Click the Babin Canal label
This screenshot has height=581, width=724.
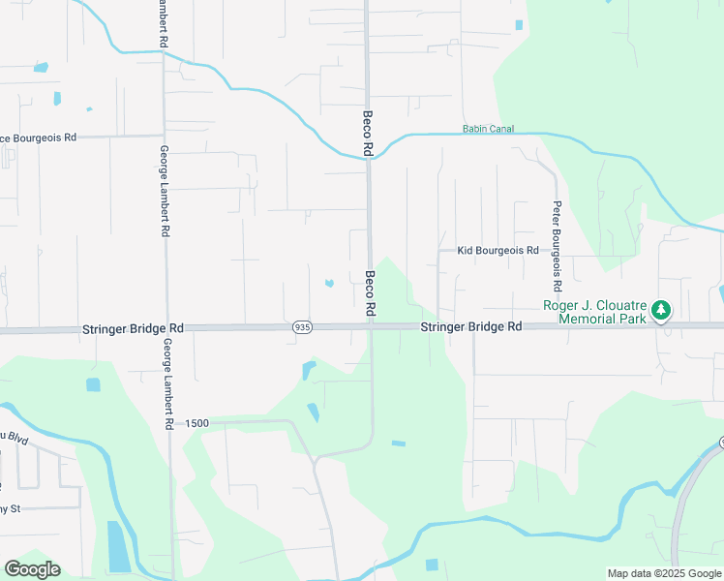488,129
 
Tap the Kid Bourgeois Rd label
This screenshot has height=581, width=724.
498,250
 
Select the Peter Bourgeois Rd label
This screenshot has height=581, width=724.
558,247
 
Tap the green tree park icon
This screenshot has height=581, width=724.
661,310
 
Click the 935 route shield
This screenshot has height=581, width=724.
302,328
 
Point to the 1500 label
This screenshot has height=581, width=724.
197,424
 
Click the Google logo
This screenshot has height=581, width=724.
32,569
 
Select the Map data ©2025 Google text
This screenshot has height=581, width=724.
663,573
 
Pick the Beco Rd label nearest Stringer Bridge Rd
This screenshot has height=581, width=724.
370,293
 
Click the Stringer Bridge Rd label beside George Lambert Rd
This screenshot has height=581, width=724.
133,329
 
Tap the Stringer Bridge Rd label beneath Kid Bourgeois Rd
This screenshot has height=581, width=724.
471,327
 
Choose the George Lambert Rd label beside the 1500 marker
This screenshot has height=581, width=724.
168,383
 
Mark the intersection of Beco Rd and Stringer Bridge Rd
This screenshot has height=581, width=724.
370,327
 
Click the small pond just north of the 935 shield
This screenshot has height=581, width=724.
329,283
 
